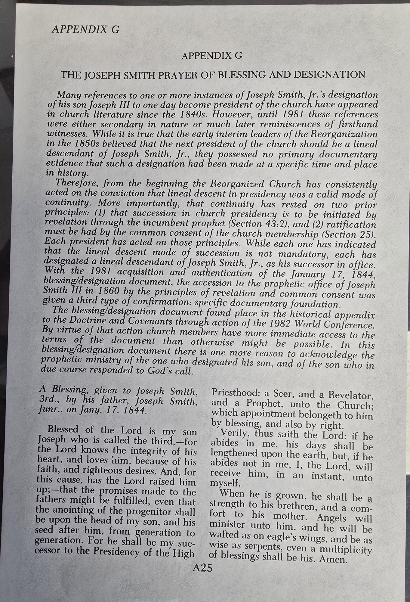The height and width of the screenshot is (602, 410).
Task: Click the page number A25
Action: pyautogui.click(x=202, y=568)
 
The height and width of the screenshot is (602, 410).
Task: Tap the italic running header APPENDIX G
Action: pyautogui.click(x=85, y=29)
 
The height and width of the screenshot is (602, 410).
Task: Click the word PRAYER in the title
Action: pyautogui.click(x=179, y=75)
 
